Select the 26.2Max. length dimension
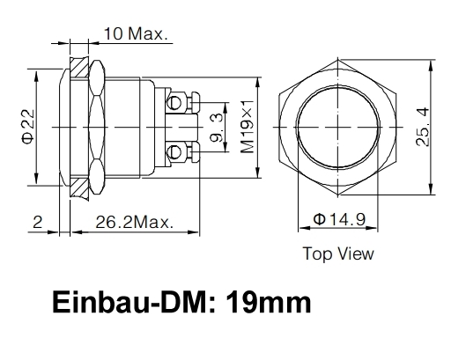pos(135,224)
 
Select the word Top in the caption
pos(316,254)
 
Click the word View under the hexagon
pos(355,254)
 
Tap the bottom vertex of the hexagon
pos(339,194)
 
